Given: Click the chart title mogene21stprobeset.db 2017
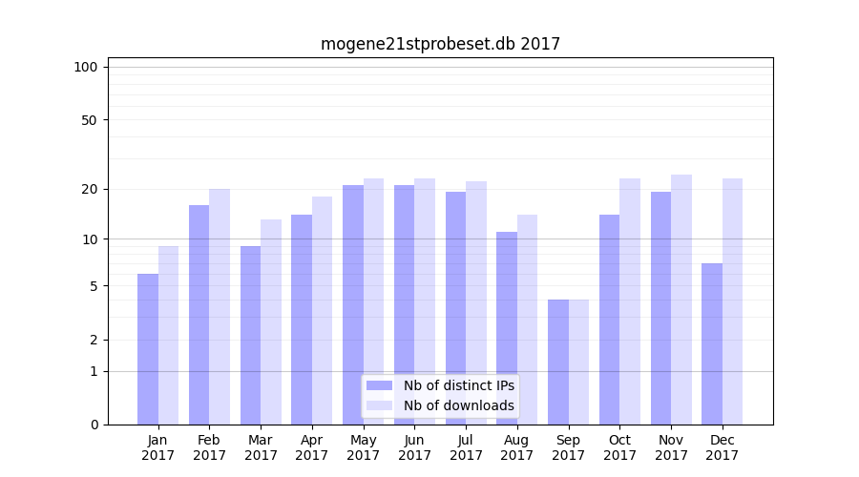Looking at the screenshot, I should tap(440, 44).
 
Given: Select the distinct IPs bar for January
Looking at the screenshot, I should tap(148, 349).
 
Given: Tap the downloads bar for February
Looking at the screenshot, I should tap(220, 306).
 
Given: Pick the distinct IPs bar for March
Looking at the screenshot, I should tap(250, 335).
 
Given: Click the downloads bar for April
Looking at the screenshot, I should tap(322, 310).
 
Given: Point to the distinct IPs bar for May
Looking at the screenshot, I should tap(353, 304).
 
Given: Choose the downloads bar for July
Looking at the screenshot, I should tap(476, 302).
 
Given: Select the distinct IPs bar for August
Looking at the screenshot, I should tap(507, 328).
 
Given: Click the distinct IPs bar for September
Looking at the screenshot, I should tap(558, 362).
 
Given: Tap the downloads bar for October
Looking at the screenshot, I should tap(630, 301).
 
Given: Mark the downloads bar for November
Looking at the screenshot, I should tap(681, 300).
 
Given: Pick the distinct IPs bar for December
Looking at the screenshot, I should tap(712, 343).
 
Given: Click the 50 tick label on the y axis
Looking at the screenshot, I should tap(89, 120).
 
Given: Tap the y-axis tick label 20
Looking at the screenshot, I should tap(89, 189).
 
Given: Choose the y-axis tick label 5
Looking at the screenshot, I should tap(93, 286).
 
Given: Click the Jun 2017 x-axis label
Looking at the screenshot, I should tap(414, 447).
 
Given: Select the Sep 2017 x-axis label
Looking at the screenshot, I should tap(568, 447).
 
